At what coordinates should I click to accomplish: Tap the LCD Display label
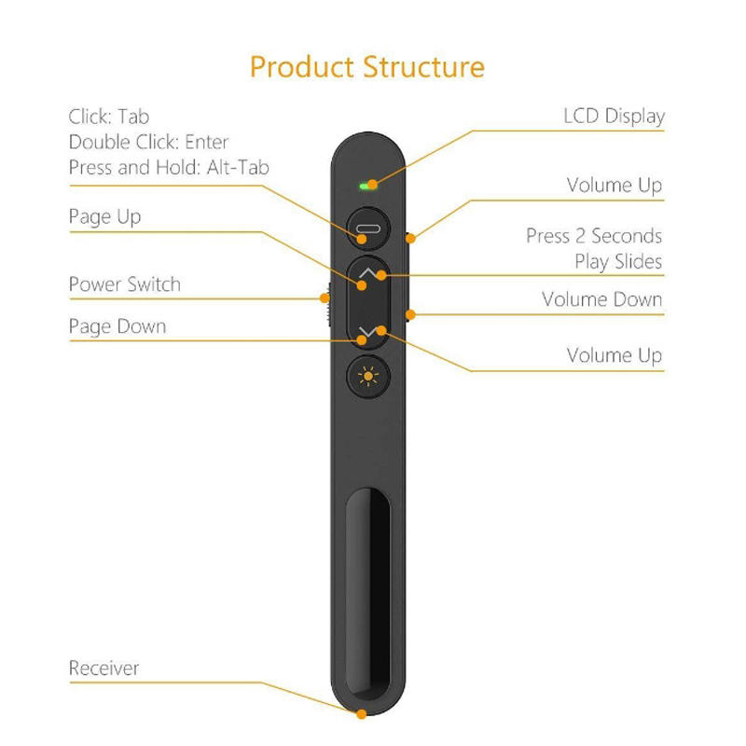coord(614,117)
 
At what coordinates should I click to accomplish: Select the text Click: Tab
coord(108,117)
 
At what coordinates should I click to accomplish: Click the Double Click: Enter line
coord(148,142)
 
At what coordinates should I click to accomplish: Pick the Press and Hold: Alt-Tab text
coord(169,167)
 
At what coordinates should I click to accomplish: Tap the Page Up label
coord(104,217)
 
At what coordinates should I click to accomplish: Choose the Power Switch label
coord(124,284)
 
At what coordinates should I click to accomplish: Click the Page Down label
coord(117,326)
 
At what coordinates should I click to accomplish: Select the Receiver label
coord(104,668)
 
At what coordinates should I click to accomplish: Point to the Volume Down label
coord(601,299)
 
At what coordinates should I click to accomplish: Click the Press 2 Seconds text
coord(594,236)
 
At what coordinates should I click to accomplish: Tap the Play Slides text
coord(618,261)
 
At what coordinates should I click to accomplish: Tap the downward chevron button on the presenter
coord(370,330)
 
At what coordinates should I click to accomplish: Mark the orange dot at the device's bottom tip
coord(361,714)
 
